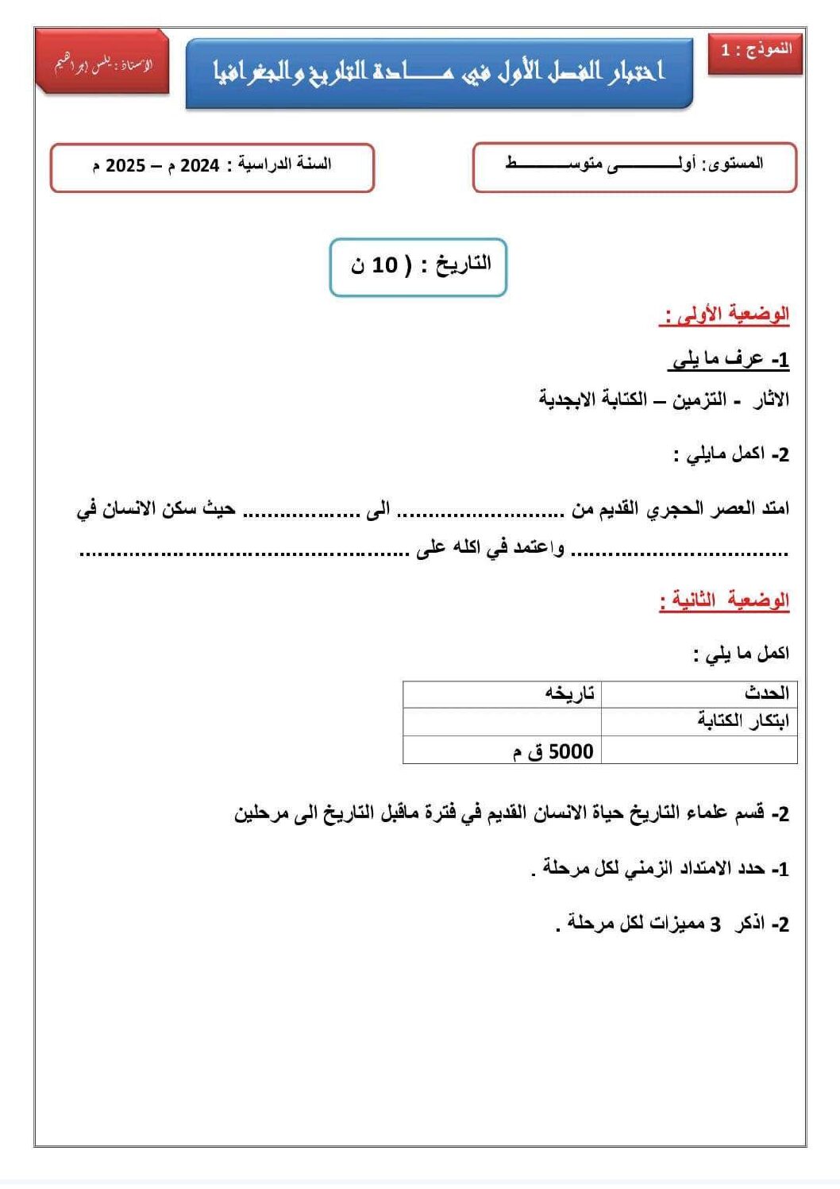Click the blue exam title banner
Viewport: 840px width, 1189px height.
tap(438, 73)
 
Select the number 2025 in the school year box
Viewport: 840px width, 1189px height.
tap(125, 166)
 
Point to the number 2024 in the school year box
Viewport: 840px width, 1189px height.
tap(200, 166)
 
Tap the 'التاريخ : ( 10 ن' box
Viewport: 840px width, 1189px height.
tap(418, 266)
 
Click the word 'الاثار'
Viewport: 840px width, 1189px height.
tap(771, 400)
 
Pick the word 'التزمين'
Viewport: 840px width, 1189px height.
tap(699, 400)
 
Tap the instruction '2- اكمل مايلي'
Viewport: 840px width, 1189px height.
tap(730, 454)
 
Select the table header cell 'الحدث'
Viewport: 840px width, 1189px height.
tap(766, 693)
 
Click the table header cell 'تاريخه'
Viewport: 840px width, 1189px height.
tap(569, 693)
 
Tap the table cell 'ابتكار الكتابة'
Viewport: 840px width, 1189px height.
tap(742, 721)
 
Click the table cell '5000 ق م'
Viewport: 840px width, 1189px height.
tap(553, 751)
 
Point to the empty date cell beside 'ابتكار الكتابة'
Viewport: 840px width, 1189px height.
tap(502, 722)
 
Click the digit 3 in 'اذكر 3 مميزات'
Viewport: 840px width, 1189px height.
tap(715, 925)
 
